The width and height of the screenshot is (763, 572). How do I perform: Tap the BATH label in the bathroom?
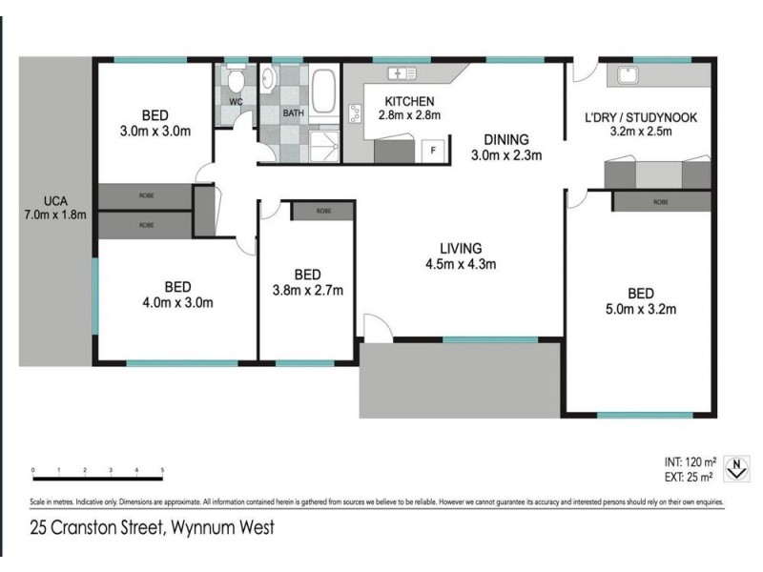(295, 113)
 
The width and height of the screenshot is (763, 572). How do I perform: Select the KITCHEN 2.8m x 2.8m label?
(410, 109)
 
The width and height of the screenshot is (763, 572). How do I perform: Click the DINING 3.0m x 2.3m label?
(506, 146)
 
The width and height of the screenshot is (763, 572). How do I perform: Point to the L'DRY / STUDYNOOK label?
(642, 125)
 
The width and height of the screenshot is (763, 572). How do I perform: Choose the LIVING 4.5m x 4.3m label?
(461, 256)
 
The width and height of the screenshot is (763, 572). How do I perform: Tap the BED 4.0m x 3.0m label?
(177, 295)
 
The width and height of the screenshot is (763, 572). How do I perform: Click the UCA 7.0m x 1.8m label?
(54, 207)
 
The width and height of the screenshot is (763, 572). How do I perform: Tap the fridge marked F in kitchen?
(434, 151)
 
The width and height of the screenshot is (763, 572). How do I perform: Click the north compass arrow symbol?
(734, 467)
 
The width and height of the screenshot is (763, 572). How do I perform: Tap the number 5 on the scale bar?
(163, 470)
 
